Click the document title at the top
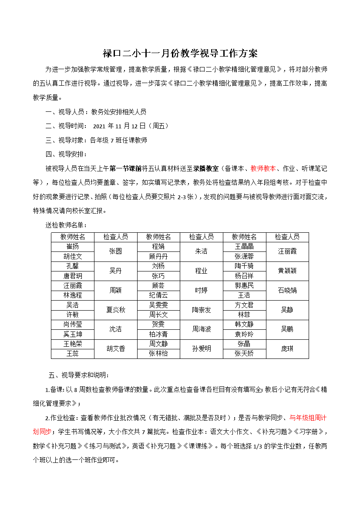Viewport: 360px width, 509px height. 180,54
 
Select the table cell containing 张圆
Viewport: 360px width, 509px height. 115,251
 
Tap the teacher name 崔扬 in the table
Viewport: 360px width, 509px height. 72,247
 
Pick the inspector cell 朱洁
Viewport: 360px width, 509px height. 201,251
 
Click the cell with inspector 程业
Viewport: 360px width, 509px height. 201,271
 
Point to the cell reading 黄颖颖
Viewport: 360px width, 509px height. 287,271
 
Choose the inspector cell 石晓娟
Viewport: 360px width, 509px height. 287,290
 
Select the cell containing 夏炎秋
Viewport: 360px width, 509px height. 115,310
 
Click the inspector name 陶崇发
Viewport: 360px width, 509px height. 201,310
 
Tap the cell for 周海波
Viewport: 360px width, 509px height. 201,329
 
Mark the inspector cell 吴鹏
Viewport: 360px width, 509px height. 287,329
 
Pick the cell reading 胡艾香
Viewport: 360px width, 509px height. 115,348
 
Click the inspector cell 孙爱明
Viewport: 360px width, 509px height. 201,348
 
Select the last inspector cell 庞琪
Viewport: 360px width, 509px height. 287,348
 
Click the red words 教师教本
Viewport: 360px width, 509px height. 263,168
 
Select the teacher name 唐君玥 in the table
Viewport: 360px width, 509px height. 72,276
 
